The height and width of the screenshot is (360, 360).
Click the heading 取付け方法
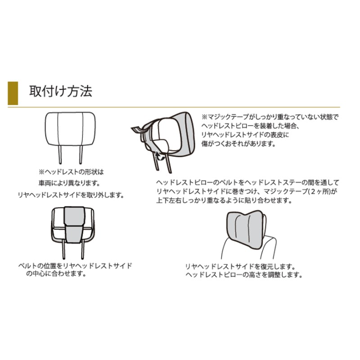click(x=61, y=91)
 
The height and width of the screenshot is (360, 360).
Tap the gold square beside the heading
click(x=13, y=93)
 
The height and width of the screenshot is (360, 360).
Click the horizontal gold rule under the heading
click(x=174, y=107)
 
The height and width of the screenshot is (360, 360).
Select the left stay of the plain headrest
click(x=60, y=154)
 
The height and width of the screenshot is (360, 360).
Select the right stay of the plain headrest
click(x=81, y=154)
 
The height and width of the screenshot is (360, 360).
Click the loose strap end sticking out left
click(x=138, y=130)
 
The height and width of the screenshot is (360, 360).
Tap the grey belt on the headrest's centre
click(x=74, y=224)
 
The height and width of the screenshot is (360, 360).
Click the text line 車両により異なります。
click(x=69, y=183)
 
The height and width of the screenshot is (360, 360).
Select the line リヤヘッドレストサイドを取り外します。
click(x=71, y=195)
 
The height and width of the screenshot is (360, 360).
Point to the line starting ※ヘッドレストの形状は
click(x=71, y=172)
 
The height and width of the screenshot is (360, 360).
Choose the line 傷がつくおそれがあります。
click(x=238, y=144)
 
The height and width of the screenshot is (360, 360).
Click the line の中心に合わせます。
click(x=56, y=274)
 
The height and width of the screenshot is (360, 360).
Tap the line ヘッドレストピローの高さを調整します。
click(x=244, y=275)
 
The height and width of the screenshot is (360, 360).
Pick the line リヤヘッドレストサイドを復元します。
click(x=240, y=266)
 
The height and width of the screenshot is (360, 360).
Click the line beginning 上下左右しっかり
click(x=224, y=200)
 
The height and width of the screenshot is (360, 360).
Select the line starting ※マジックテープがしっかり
click(x=270, y=117)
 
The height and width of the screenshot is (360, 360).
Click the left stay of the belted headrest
click(x=63, y=250)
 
